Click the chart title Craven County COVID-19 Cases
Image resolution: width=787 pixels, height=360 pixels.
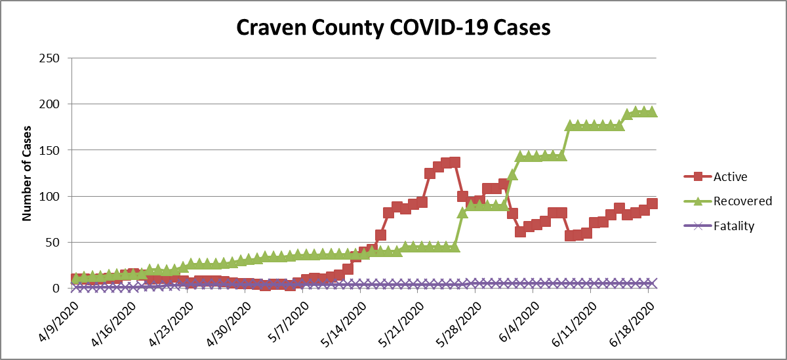coord(393,28)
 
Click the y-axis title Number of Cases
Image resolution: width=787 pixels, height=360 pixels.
coord(28,172)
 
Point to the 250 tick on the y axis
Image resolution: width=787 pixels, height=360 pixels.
coord(50,58)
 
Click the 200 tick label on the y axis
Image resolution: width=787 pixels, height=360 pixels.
coord(50,104)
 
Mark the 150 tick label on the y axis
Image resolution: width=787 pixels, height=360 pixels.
coord(50,150)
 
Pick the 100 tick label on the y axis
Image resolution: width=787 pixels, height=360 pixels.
coord(50,197)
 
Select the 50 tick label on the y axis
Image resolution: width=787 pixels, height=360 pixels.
coord(53,243)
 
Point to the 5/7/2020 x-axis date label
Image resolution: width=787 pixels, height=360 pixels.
coord(289,322)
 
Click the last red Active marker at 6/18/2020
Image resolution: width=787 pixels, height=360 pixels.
coord(653,204)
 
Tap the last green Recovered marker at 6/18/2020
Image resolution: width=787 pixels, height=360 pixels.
coord(653,112)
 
